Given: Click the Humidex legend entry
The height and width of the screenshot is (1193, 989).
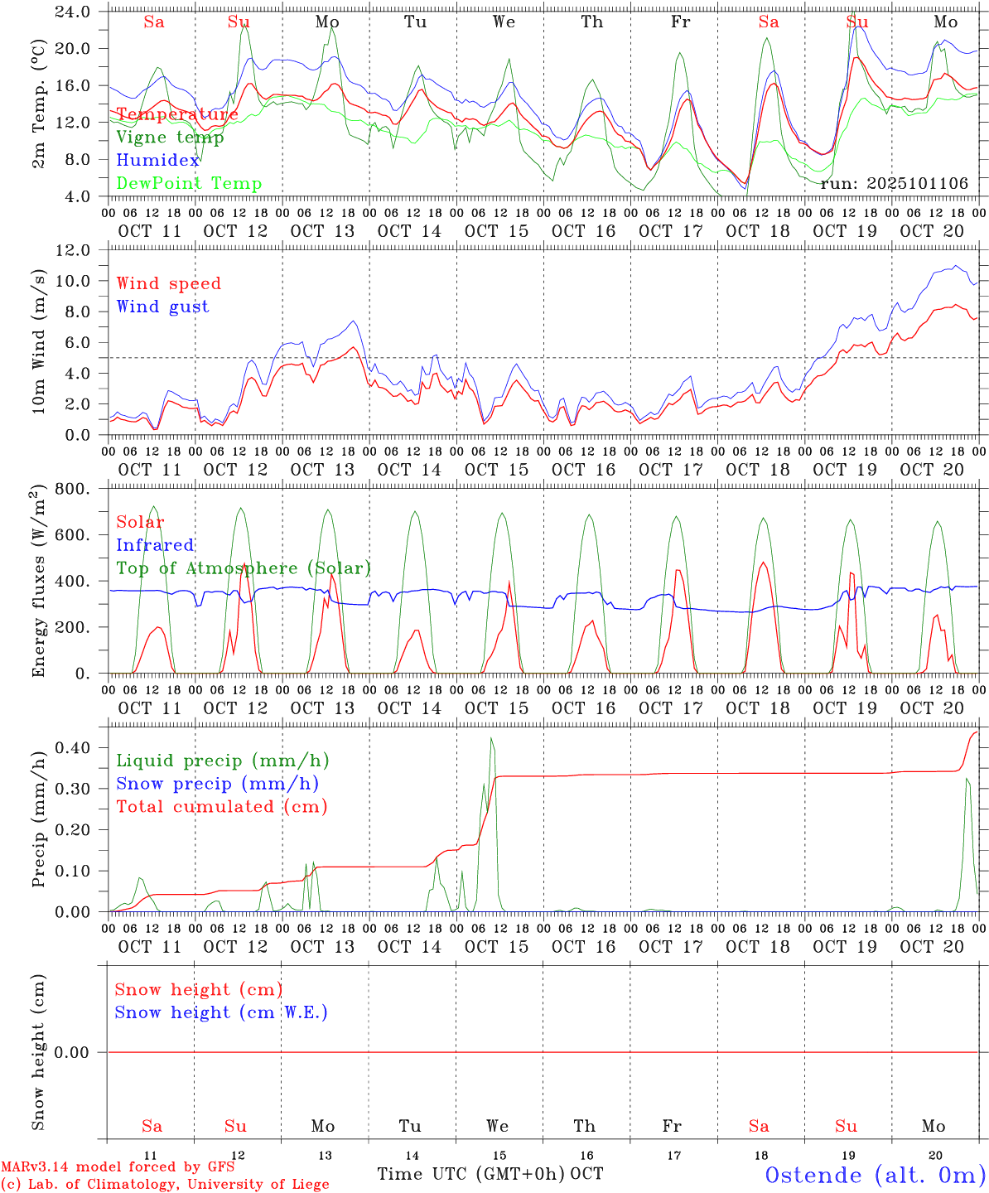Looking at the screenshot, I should [x=157, y=161].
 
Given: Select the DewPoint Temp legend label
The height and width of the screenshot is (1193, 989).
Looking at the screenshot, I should [x=189, y=184].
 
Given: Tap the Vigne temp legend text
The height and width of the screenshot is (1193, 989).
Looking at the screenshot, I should [x=170, y=138].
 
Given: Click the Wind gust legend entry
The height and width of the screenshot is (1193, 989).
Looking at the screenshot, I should [x=162, y=307].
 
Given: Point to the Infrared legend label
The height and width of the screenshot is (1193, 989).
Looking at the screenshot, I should [x=155, y=545].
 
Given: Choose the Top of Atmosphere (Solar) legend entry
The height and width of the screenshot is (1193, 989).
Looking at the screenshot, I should [x=243, y=568].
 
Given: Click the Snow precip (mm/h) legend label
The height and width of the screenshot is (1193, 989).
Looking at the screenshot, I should [x=217, y=784].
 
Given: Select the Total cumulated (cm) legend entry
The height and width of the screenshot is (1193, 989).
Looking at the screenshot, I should [x=221, y=807].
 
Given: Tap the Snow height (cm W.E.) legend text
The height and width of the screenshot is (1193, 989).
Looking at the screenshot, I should [x=220, y=1012].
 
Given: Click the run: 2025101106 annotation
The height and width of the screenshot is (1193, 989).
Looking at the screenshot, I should [x=894, y=184].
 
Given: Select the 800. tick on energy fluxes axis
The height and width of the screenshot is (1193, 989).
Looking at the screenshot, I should [x=74, y=489].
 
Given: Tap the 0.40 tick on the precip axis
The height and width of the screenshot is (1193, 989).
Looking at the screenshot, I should [x=75, y=748].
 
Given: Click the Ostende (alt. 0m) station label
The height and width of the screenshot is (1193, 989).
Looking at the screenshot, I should [x=875, y=1175].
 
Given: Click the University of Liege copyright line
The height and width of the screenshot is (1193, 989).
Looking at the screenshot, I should [x=165, y=1185].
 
